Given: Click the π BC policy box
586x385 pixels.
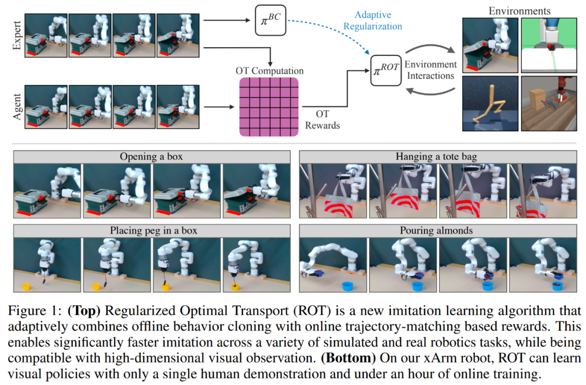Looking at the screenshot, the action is click(x=270, y=20).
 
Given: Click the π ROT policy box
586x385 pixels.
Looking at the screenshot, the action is click(x=386, y=70).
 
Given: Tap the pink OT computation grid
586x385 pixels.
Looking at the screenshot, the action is click(x=269, y=107).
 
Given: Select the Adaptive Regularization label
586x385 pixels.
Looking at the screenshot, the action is click(x=373, y=21).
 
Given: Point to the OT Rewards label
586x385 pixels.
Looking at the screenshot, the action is click(x=322, y=119).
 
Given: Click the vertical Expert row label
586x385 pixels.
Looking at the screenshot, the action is click(x=17, y=35).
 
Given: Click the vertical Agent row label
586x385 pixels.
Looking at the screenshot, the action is click(x=17, y=107).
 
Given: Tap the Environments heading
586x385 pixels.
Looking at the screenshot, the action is click(x=519, y=11).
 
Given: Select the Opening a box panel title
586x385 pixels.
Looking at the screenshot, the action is click(x=151, y=157).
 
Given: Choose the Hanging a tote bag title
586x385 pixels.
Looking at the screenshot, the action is click(x=436, y=157).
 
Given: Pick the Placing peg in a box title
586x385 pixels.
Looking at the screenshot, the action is click(x=154, y=230).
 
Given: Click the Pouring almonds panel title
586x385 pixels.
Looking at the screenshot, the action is click(x=436, y=230).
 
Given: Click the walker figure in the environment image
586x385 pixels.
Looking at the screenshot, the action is click(x=488, y=105).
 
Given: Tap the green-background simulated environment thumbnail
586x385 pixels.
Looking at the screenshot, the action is click(x=549, y=45).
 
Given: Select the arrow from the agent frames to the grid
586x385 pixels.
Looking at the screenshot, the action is click(x=219, y=107).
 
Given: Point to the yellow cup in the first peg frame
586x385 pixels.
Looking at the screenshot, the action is click(x=26, y=287).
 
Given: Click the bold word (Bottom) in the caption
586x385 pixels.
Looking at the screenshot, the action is click(x=348, y=358).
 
